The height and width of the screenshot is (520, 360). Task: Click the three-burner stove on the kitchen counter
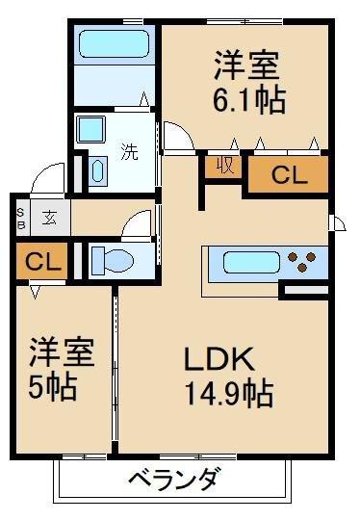coord(306,262)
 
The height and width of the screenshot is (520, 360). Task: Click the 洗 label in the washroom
coord(128,150)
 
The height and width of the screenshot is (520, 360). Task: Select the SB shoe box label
coord(19,217)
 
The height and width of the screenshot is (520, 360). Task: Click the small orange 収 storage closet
coord(223,166)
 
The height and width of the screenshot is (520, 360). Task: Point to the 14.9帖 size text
coord(230,393)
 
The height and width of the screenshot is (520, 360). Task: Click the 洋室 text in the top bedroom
coord(246,67)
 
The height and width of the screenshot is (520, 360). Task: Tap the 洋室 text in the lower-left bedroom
coord(60,352)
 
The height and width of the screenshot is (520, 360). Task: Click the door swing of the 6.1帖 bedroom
coord(178,138)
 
